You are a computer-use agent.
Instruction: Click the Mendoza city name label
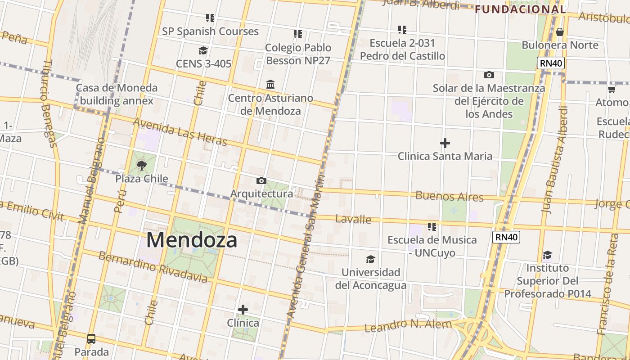[x=192, y=240]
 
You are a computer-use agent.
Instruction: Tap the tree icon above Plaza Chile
[x=142, y=165]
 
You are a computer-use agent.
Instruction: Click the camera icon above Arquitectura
[x=261, y=180]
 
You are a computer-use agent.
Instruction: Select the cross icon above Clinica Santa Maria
[x=445, y=143]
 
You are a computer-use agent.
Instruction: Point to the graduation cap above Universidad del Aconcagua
[x=370, y=259]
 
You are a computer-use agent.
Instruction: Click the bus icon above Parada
[x=91, y=338]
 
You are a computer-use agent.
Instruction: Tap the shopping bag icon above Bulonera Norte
[x=560, y=32]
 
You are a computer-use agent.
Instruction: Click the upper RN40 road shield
[x=551, y=63]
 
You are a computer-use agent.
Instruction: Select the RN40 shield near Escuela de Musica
[x=506, y=237]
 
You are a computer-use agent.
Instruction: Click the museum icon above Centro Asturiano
[x=270, y=85]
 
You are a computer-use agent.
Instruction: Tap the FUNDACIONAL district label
[x=520, y=9]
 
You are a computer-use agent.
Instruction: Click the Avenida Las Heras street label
[x=180, y=132]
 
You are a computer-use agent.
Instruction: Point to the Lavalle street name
[x=353, y=219]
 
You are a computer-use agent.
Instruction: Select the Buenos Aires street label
[x=449, y=196]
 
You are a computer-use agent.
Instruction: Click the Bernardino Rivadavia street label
[x=153, y=267]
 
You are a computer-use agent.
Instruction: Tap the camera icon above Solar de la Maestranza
[x=489, y=75]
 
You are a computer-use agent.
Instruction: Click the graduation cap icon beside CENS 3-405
[x=203, y=50]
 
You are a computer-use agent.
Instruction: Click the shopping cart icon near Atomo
[x=612, y=90]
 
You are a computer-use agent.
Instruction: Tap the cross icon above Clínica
[x=243, y=310]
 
